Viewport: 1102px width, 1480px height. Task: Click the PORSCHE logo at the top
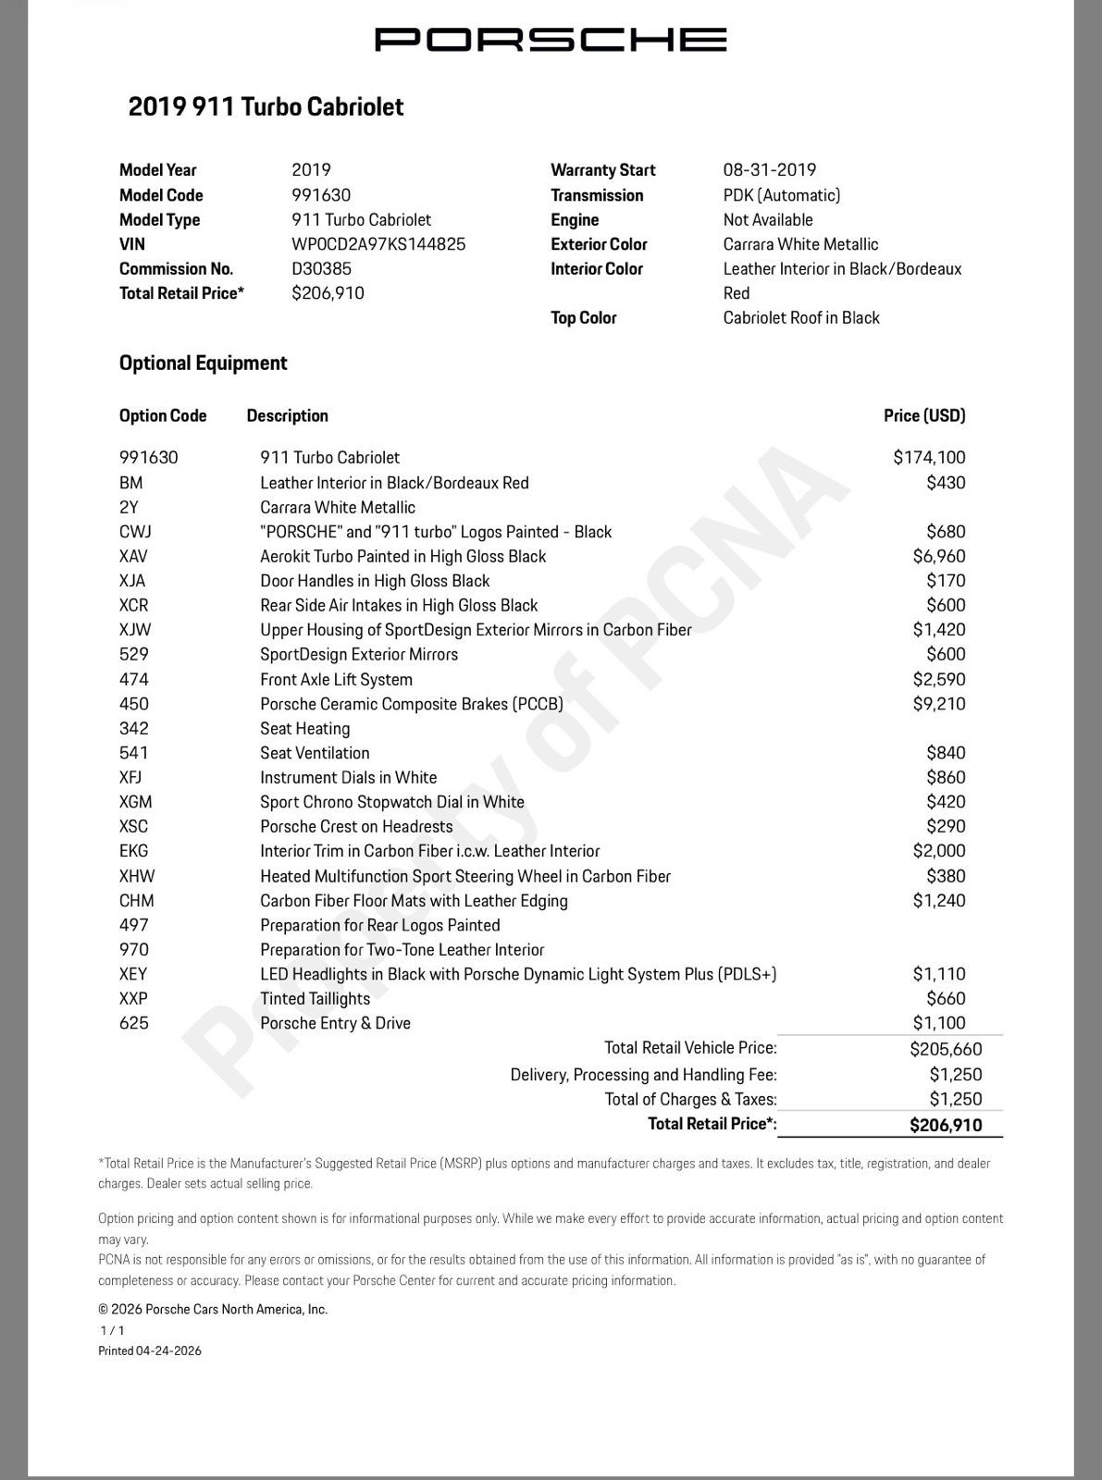point(550,40)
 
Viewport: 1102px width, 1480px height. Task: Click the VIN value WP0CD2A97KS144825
point(378,244)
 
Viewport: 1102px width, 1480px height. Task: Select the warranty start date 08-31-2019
point(769,169)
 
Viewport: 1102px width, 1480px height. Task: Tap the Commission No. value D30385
point(321,268)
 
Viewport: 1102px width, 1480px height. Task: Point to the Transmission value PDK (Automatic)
point(781,195)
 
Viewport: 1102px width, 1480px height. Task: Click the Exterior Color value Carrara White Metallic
point(800,244)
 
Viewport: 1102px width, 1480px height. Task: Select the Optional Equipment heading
point(203,363)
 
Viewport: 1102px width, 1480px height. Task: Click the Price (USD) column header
point(923,415)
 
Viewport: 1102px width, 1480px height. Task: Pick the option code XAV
point(133,556)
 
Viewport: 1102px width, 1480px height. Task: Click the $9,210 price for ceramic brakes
point(938,704)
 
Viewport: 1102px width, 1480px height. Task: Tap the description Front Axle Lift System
point(336,679)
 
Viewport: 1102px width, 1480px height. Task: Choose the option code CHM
point(136,900)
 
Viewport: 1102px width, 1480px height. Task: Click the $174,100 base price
point(929,457)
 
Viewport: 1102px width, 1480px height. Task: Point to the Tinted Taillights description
point(315,998)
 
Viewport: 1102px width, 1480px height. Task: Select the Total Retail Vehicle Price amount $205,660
point(946,1049)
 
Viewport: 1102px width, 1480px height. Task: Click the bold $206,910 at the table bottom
point(946,1125)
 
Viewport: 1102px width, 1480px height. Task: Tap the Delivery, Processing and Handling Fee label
point(643,1075)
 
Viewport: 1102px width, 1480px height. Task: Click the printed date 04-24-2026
point(168,1350)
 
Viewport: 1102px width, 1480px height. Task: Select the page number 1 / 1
point(112,1330)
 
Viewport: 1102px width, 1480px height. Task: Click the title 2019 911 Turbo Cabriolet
point(266,106)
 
